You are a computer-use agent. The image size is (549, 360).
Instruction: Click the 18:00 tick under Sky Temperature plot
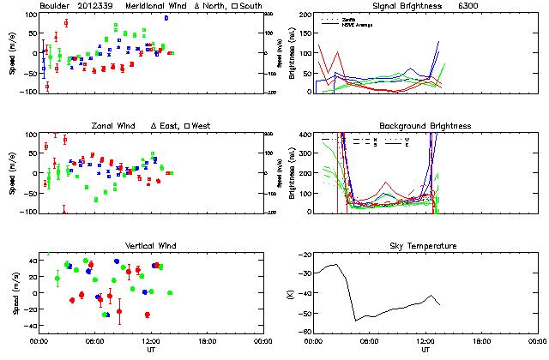click(x=481, y=340)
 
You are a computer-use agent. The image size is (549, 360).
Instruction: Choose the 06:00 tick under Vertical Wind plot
click(x=94, y=340)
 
